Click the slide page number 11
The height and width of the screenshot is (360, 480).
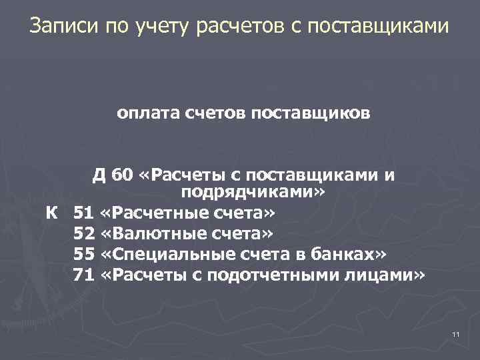[x=456, y=333]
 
